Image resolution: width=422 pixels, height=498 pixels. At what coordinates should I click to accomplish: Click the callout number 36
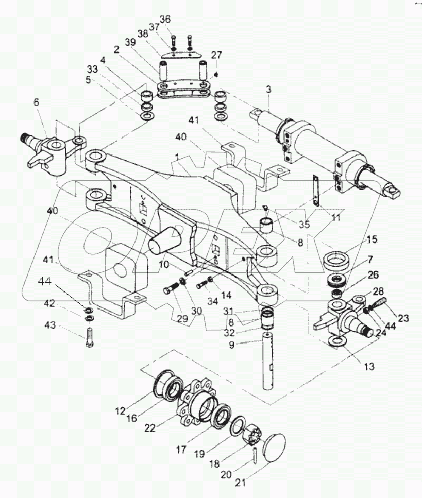pyautogui.click(x=164, y=19)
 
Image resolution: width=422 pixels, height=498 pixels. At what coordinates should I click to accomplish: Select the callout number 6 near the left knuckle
pyautogui.click(x=36, y=103)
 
